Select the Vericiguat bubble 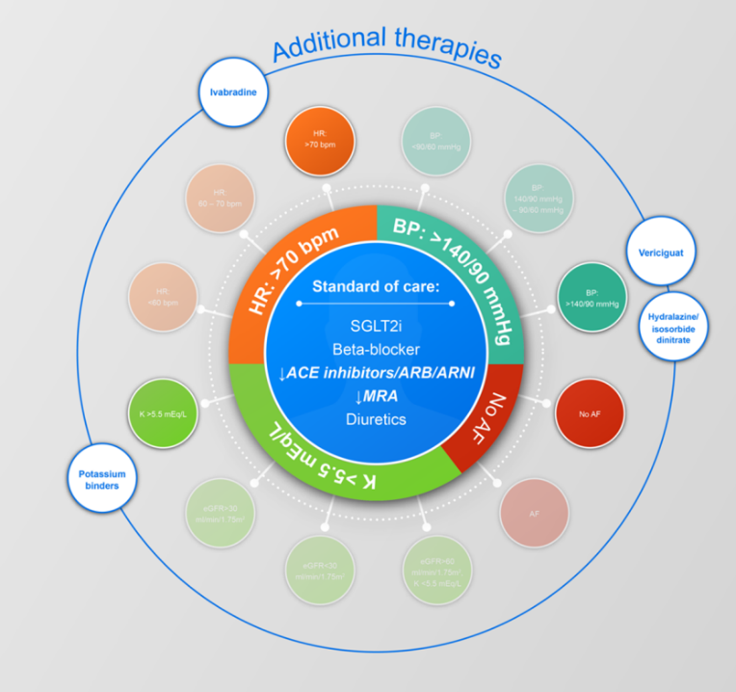661,252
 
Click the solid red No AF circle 590,413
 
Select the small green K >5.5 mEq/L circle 161,413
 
